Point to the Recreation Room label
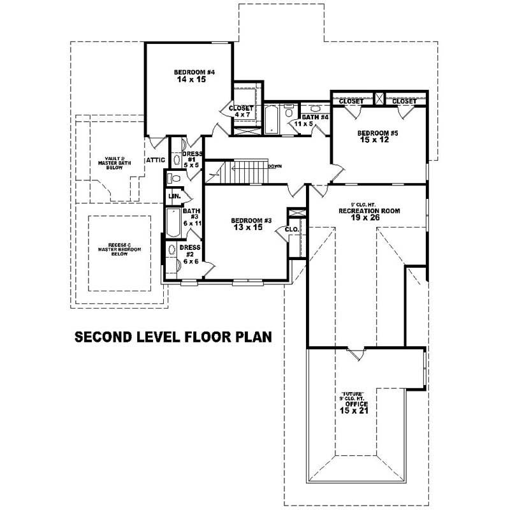[369, 210]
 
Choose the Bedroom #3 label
[251, 221]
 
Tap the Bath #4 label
[315, 117]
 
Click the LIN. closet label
[174, 195]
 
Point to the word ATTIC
[156, 159]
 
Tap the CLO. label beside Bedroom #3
[292, 229]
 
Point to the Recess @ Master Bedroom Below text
[119, 249]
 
